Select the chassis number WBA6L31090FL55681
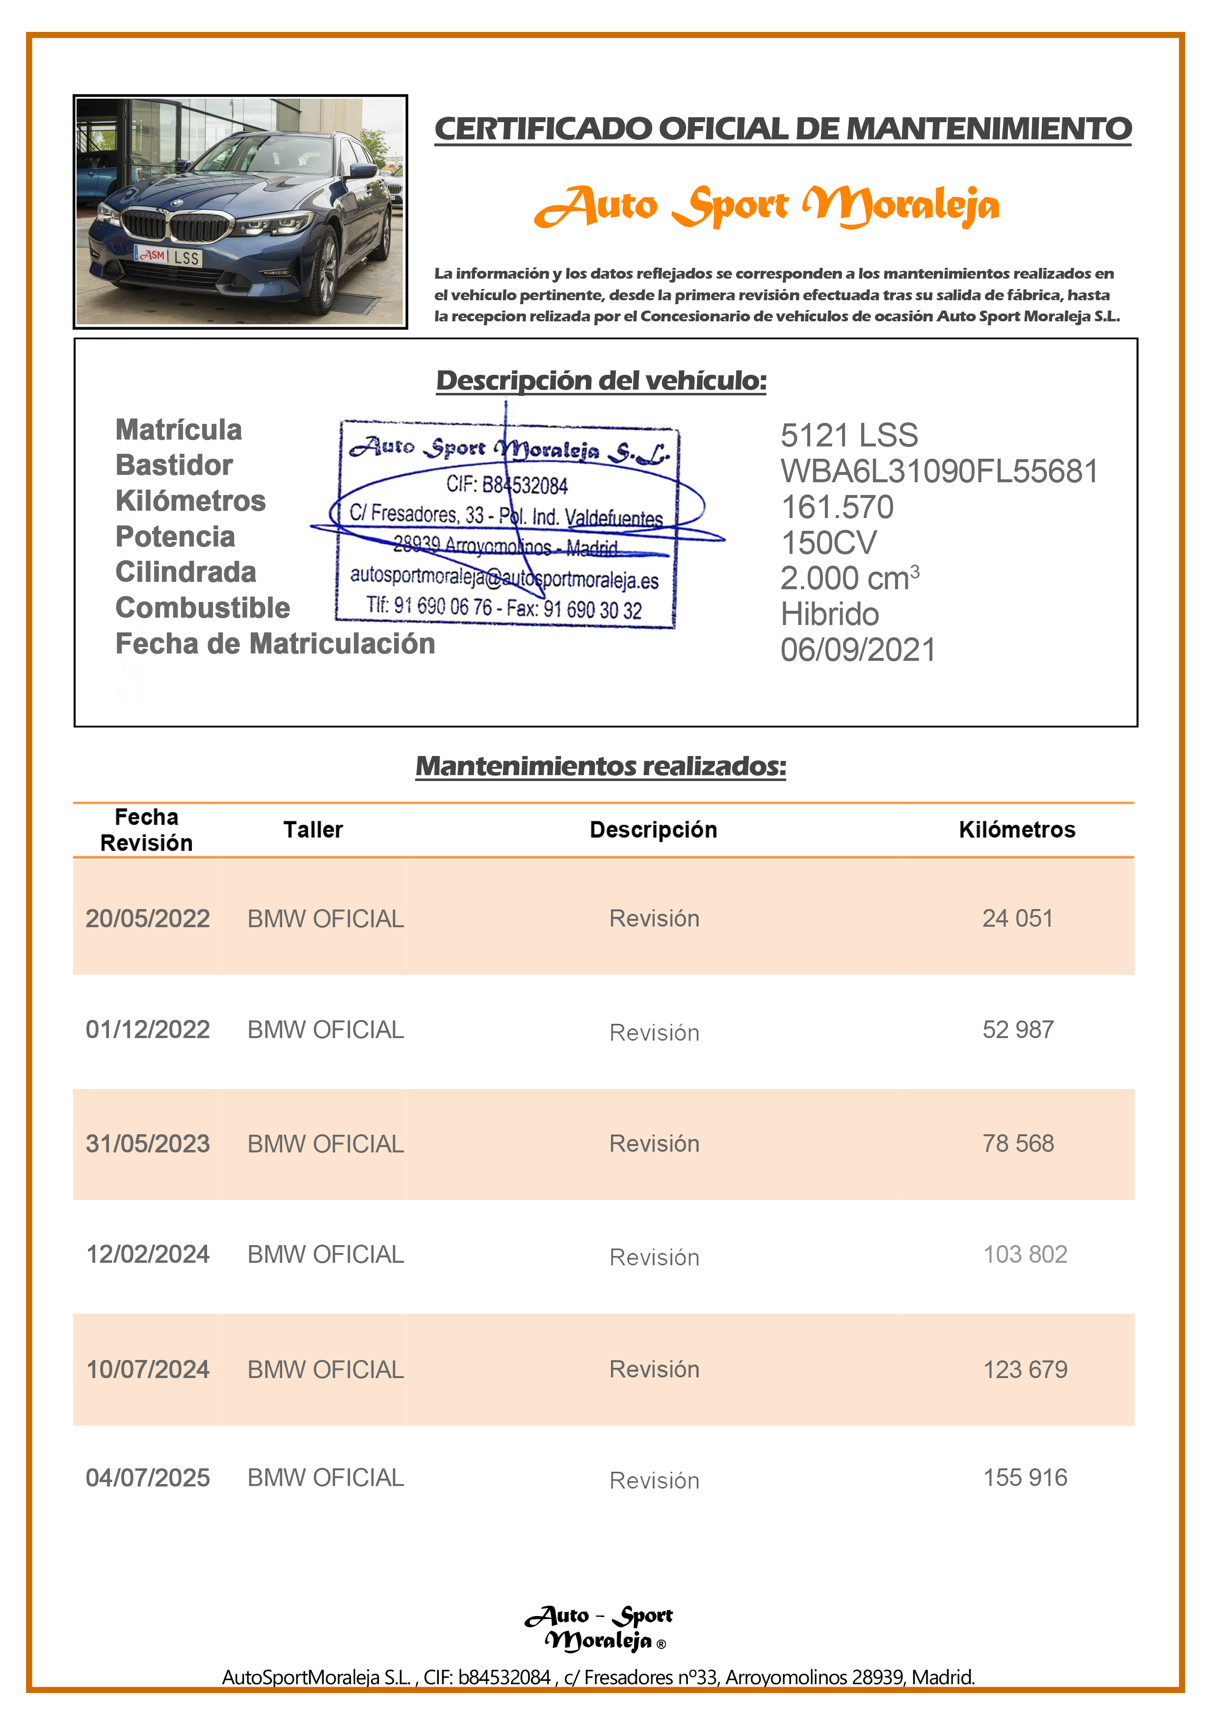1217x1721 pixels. (x=939, y=471)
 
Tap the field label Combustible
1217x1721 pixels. (x=203, y=608)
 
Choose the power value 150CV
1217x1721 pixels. (x=828, y=543)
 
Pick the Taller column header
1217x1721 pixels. (x=313, y=830)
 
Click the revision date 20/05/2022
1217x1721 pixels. (x=148, y=918)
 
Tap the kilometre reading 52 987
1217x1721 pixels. (x=1018, y=1029)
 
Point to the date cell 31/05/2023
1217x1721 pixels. (x=148, y=1143)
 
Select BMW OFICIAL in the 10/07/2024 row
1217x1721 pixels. (x=325, y=1369)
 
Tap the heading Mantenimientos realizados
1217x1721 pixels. (x=601, y=766)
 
